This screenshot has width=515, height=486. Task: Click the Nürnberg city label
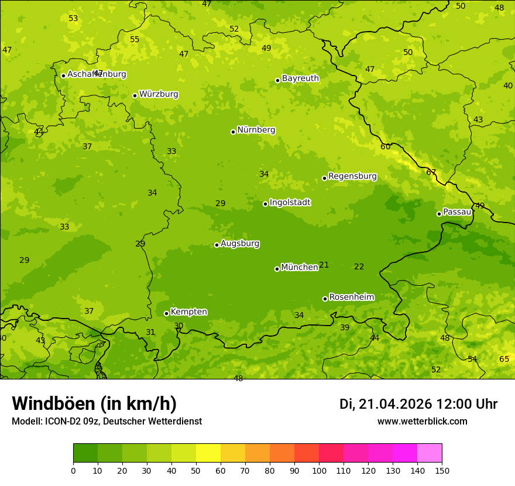pos(256,130)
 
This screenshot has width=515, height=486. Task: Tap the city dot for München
pos(277,269)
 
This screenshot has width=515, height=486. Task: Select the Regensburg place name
pos(352,176)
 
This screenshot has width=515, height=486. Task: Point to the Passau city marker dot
pos(439,214)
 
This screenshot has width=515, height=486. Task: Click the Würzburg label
pos(159,94)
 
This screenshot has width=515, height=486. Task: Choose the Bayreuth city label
pos(300,78)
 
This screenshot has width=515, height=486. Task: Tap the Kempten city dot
pos(166,313)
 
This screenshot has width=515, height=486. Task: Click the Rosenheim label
pos(351,297)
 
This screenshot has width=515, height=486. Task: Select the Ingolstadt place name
pos(290,203)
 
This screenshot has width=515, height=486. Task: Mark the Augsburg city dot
pos(217,245)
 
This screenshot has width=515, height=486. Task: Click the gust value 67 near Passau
pos(431,172)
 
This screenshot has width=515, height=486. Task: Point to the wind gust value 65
pos(504,359)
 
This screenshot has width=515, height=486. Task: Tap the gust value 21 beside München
pos(324,265)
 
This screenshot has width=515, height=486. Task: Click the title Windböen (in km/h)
pos(94,403)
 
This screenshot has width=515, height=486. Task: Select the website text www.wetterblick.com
pos(422,421)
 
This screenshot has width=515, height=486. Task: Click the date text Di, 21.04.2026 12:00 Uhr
pos(418,404)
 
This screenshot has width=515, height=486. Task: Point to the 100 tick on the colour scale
pos(319,470)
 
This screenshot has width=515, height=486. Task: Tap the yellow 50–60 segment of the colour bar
pos(208,453)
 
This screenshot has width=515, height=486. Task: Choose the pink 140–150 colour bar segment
pos(430,453)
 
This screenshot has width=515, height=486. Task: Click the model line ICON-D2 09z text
pos(107,421)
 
